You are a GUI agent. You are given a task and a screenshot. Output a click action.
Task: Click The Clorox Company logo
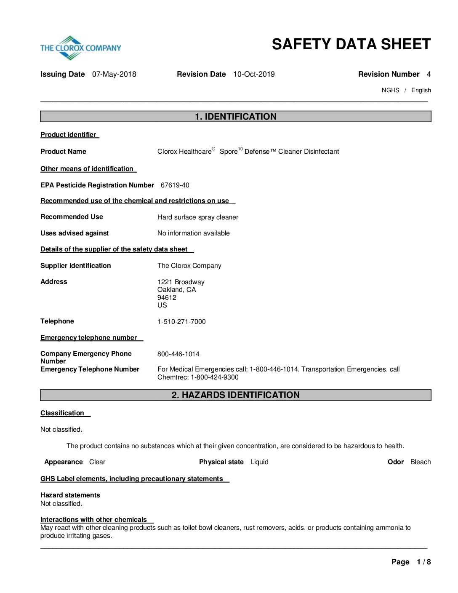[x=80, y=48]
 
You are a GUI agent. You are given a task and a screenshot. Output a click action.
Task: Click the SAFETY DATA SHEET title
[x=351, y=44]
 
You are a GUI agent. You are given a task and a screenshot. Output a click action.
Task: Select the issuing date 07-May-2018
[x=114, y=75]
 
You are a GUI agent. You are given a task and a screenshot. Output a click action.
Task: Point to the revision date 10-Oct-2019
[x=254, y=75]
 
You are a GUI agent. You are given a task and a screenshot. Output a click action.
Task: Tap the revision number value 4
[x=429, y=75]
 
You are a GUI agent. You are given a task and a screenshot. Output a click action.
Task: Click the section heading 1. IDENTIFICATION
[x=236, y=117]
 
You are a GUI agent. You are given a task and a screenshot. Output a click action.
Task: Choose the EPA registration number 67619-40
[x=175, y=185]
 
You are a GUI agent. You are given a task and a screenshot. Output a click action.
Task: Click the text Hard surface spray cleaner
[x=198, y=217]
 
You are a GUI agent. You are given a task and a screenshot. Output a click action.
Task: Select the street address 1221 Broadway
[x=181, y=282]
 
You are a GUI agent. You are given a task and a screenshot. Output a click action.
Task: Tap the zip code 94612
[x=167, y=298]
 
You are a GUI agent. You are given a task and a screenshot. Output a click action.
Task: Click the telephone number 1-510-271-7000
[x=181, y=322]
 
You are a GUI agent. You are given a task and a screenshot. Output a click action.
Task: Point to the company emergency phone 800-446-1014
[x=178, y=354]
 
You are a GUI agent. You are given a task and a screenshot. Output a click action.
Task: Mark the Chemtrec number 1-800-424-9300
[x=215, y=377]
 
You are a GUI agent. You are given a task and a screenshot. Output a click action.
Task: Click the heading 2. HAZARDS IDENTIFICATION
[x=236, y=395]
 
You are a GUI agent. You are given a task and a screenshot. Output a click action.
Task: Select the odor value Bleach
[x=421, y=462]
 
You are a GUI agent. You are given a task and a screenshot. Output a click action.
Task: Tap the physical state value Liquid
[x=259, y=462]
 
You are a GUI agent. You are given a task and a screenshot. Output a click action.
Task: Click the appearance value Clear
[x=97, y=462]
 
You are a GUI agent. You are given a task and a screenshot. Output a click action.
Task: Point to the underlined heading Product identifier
[x=69, y=135]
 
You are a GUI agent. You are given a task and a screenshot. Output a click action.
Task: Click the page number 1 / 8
[x=423, y=562]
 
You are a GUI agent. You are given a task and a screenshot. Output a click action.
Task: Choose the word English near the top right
[x=421, y=90]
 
